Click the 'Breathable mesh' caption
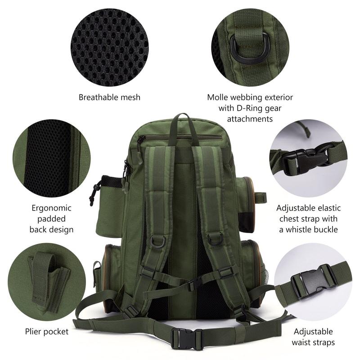(x=109, y=97)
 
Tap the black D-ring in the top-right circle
(x=247, y=47)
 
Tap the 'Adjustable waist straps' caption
(x=313, y=337)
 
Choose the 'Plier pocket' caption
(x=47, y=332)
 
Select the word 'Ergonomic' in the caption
(x=51, y=208)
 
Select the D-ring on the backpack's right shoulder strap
(x=215, y=238)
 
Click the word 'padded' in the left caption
(x=51, y=219)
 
